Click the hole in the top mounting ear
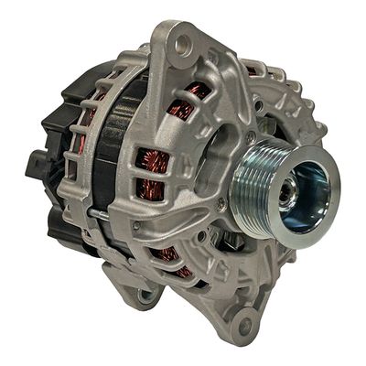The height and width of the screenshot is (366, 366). (x=187, y=40)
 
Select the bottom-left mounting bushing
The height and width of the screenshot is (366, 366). (x=145, y=295)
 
